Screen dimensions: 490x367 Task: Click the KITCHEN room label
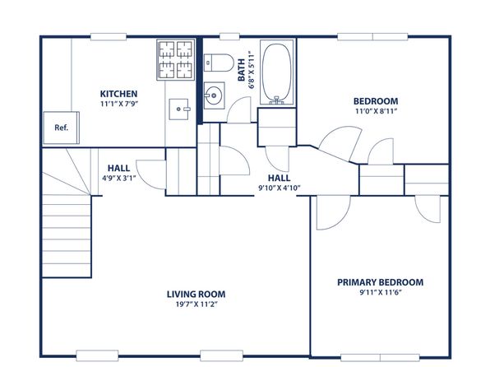click(118, 94)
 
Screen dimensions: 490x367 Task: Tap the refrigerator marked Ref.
click(61, 128)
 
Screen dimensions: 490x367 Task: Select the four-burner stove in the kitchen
click(176, 60)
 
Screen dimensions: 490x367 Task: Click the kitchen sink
click(179, 109)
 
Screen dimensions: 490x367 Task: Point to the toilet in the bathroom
click(219, 63)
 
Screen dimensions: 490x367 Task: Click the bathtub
click(277, 72)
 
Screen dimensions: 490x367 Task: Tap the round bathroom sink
click(214, 95)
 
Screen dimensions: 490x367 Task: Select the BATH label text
click(241, 70)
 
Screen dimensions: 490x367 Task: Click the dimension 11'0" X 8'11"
click(376, 111)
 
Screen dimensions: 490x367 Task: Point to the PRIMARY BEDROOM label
click(381, 282)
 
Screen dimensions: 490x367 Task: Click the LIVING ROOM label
click(196, 294)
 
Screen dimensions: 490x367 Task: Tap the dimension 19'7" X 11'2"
click(196, 304)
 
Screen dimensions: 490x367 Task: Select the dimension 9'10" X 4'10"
click(279, 188)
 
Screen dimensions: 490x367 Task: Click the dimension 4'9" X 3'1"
click(118, 179)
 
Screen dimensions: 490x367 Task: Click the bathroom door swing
click(239, 109)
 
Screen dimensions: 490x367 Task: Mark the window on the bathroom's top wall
click(229, 36)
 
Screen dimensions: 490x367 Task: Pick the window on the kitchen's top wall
click(109, 36)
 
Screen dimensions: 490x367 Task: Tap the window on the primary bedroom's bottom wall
click(380, 358)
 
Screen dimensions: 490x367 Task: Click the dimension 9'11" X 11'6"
click(380, 293)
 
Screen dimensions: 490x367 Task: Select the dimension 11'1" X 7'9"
click(119, 104)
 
